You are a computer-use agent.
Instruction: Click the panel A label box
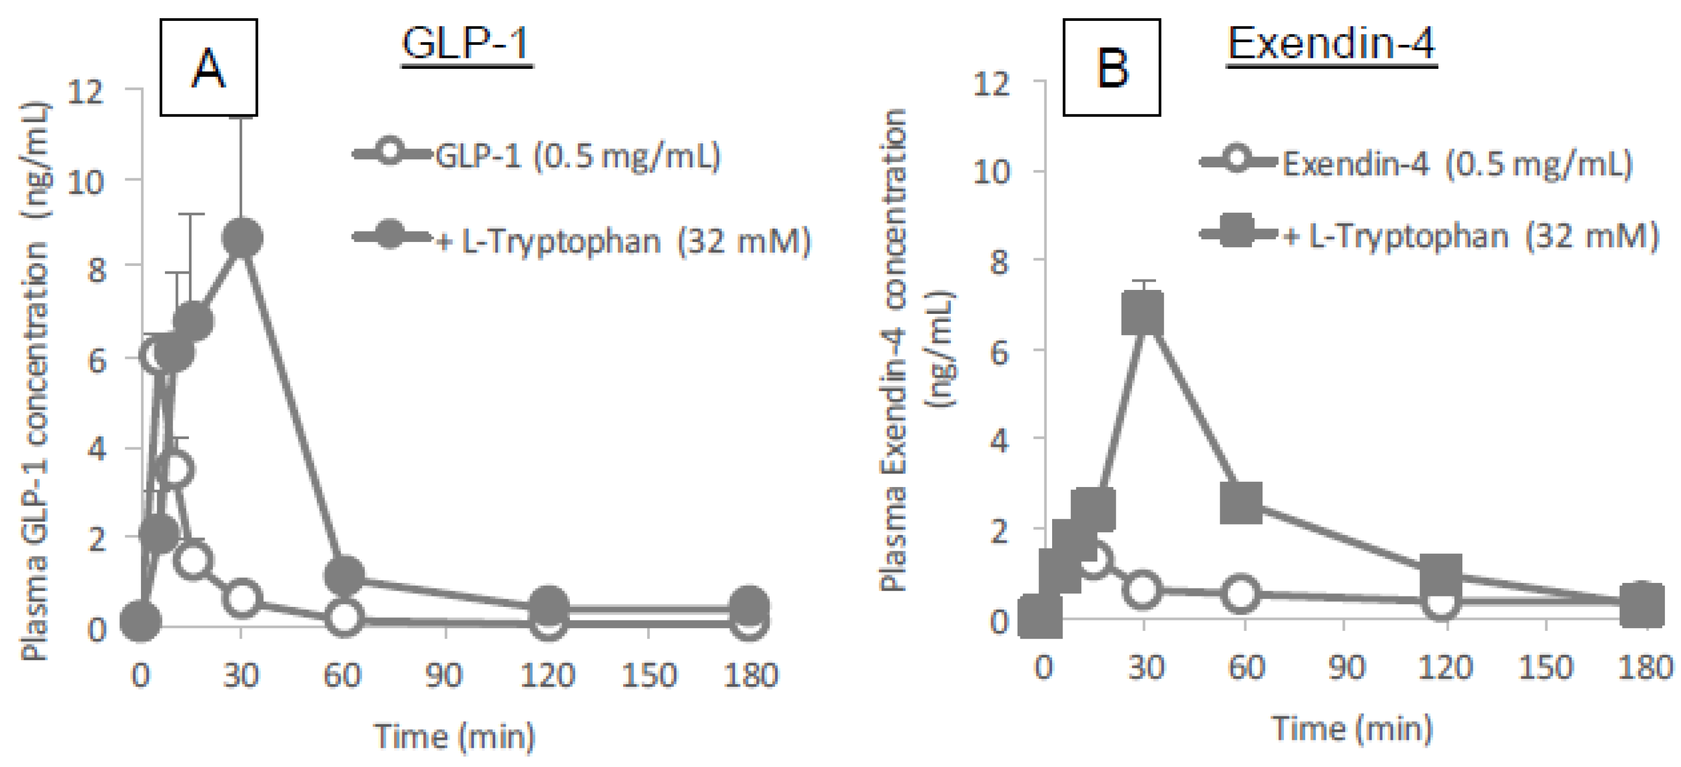209,68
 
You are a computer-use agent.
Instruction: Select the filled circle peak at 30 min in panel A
242,238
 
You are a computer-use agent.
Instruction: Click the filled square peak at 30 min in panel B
1142,312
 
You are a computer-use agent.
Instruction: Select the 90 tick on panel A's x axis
445,675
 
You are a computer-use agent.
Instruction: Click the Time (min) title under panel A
455,736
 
